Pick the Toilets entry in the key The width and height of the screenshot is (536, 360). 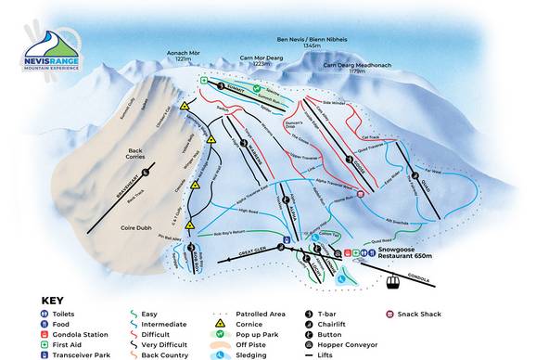(61, 314)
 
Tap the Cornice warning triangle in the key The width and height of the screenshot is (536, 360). (220, 324)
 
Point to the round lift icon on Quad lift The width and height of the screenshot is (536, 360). (415, 174)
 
